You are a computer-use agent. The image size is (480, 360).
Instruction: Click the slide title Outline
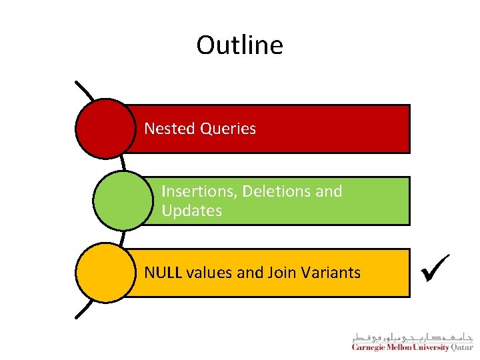(x=239, y=45)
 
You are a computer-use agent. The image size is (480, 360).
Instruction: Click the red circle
(x=105, y=129)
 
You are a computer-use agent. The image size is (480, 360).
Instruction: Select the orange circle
(x=105, y=273)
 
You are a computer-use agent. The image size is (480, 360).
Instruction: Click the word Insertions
(x=199, y=191)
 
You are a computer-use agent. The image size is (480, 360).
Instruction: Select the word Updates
(x=191, y=211)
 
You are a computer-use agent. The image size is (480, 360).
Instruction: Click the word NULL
(x=163, y=273)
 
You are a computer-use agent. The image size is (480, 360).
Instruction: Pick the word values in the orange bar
(x=209, y=273)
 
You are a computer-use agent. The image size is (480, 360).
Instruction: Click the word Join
(x=282, y=273)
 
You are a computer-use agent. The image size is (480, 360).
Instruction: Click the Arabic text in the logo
(x=412, y=337)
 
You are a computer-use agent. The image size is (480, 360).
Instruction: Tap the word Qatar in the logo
(x=462, y=348)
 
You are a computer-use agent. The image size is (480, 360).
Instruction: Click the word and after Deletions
(x=329, y=191)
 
